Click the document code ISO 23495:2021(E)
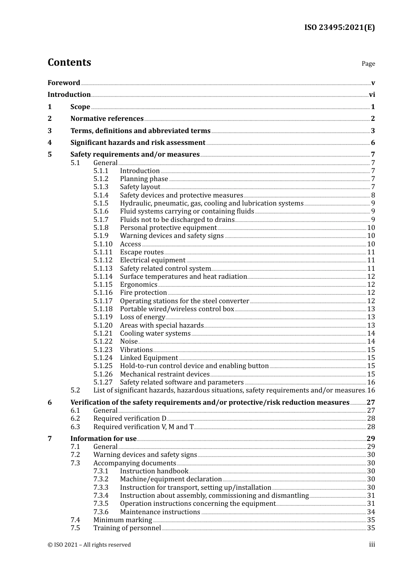[x=339, y=28]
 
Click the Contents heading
[x=69, y=62]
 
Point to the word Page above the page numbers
[x=368, y=64]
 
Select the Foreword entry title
[x=64, y=83]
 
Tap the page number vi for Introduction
[x=372, y=95]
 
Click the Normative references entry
[x=107, y=119]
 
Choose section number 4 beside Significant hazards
[x=50, y=143]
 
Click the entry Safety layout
[x=140, y=187]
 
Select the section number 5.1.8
[x=101, y=228]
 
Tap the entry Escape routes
[x=141, y=252]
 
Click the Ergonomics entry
[x=139, y=285]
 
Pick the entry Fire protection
[x=143, y=293]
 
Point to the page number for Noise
[x=371, y=342]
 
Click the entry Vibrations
[x=136, y=350]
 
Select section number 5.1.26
[x=103, y=374]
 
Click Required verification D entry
[x=130, y=419]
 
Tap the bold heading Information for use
[x=103, y=439]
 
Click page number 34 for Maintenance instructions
[x=371, y=512]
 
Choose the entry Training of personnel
[x=127, y=528]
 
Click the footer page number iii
[x=372, y=545]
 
